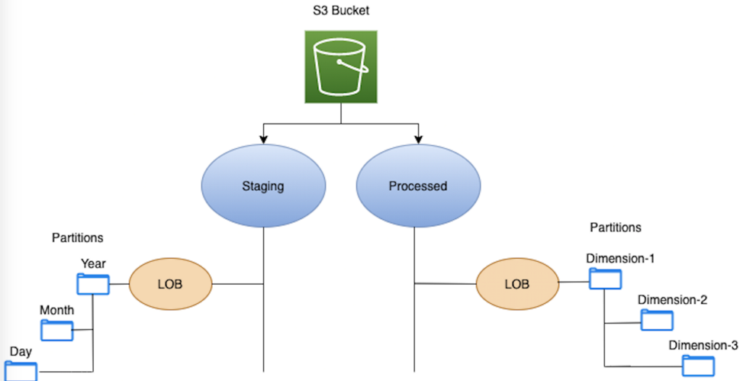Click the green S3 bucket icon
[x=341, y=66]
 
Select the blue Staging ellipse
[x=263, y=186]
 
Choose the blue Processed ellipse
[x=417, y=186]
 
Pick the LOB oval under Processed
[x=517, y=284]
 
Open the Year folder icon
[x=93, y=285]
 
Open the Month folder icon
[x=57, y=330]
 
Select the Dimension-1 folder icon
[x=606, y=279]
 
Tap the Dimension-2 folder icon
[x=657, y=320]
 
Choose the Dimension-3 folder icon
[x=698, y=366]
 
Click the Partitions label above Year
[x=77, y=238]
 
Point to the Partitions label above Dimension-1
[x=616, y=228]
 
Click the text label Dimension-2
[x=672, y=300]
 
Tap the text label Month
[x=57, y=310]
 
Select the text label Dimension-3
[x=703, y=345]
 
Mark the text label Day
[x=21, y=352]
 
